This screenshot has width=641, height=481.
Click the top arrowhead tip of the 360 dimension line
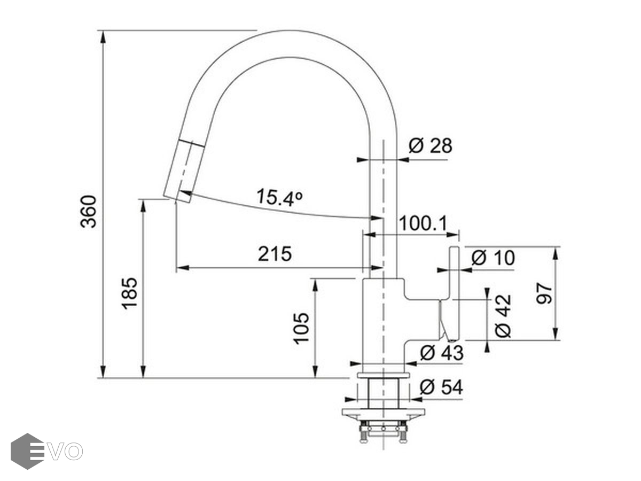102,30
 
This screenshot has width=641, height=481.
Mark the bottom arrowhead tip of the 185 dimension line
143,378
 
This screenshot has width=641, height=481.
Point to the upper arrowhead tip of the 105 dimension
315,279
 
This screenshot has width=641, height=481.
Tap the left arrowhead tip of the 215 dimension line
176,268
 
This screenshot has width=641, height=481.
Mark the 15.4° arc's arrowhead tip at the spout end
178,191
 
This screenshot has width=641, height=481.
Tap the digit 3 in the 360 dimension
89,222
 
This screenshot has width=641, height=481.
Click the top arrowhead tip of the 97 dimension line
556,247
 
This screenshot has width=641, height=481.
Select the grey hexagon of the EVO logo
27,451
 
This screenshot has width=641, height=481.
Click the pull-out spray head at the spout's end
179,170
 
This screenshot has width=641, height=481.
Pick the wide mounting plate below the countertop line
384,413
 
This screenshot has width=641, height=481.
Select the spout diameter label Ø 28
430,145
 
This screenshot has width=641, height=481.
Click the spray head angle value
279,197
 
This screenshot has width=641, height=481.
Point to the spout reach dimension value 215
275,253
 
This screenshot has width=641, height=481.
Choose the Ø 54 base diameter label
441,387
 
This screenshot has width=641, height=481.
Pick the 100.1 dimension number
423,223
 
